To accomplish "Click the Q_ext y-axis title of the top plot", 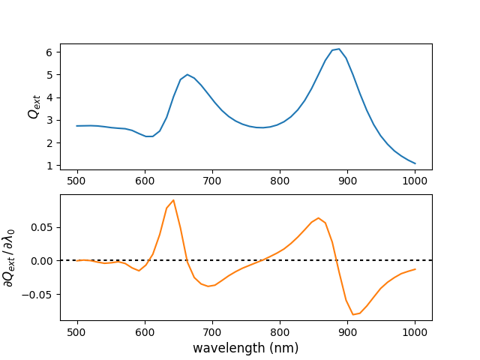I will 34,106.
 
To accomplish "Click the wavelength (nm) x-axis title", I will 245,348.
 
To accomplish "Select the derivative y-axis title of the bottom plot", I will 10,257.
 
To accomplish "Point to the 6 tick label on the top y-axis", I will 48,52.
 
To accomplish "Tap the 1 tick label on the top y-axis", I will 48,165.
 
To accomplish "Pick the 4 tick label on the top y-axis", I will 48,97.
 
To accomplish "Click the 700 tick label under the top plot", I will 212,181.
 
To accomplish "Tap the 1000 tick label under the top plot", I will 415,181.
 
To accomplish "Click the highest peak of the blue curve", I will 339,49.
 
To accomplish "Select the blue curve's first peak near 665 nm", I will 187,74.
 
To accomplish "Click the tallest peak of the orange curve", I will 173,200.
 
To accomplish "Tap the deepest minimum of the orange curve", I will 353,314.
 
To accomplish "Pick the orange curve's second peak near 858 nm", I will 319,218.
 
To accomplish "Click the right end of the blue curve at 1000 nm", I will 415,163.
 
